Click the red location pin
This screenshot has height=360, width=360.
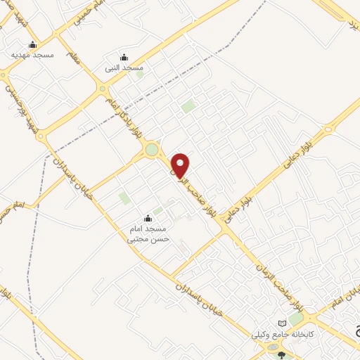click(x=181, y=165)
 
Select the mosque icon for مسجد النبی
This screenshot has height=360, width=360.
click(x=124, y=57)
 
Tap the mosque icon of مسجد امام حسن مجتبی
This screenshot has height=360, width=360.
click(x=148, y=219)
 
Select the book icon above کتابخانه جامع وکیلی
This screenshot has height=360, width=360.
click(x=283, y=323)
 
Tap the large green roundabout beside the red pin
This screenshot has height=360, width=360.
click(x=152, y=149)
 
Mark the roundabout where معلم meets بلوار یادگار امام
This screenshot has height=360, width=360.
click(x=103, y=89)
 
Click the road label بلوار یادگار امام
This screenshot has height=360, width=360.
click(x=120, y=115)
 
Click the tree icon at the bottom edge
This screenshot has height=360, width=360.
click(x=282, y=356)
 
